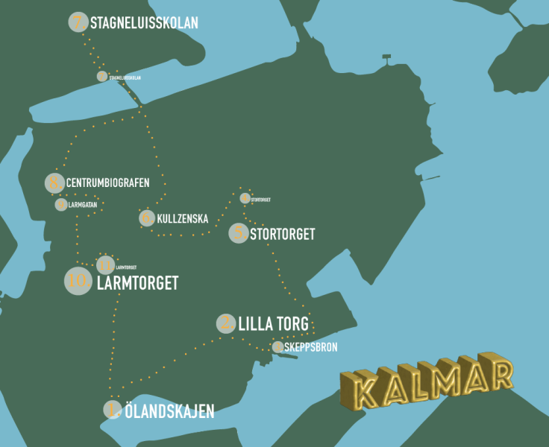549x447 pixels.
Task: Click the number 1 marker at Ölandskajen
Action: point(112,410)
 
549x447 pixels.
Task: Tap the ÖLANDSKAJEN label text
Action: point(169,410)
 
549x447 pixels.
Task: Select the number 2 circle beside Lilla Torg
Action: point(226,323)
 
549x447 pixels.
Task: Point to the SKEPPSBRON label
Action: point(311,347)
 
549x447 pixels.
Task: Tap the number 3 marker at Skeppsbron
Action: point(277,346)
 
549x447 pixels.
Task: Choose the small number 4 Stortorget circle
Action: point(245,198)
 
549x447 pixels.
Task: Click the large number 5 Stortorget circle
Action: point(238,233)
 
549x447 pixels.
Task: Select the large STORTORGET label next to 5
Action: point(283,234)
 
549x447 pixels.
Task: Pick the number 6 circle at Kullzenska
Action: point(146,218)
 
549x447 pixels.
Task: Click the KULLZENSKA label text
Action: point(183,218)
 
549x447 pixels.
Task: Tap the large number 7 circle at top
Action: point(78,22)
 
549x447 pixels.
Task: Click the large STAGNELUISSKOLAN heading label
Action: point(144,23)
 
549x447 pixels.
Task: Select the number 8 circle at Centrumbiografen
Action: point(54,183)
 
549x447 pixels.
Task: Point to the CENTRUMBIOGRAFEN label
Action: point(107,183)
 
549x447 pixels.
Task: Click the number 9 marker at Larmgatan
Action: point(60,204)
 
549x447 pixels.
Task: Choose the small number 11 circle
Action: point(105,264)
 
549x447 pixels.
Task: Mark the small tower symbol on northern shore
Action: point(386,58)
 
